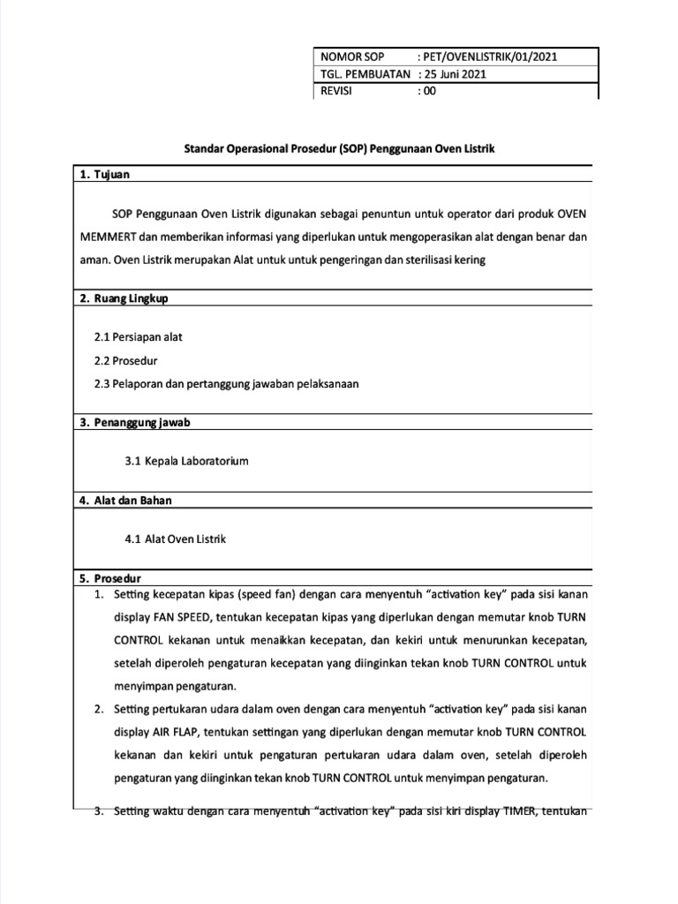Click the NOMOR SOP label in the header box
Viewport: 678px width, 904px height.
coord(353,56)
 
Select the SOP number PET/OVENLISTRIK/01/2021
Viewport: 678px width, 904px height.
coord(490,56)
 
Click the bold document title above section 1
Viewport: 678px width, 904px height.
coord(339,149)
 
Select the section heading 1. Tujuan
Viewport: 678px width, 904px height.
coord(104,175)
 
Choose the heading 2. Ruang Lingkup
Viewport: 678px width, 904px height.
coord(124,298)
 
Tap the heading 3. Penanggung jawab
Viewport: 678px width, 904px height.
coord(134,422)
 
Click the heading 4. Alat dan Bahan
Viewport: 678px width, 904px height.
coord(125,501)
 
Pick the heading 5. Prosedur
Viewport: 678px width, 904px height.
coord(110,579)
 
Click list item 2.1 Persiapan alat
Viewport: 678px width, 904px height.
coord(138,337)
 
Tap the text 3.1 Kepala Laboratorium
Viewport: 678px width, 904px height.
coord(187,461)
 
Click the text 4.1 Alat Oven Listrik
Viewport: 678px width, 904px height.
coord(176,539)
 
